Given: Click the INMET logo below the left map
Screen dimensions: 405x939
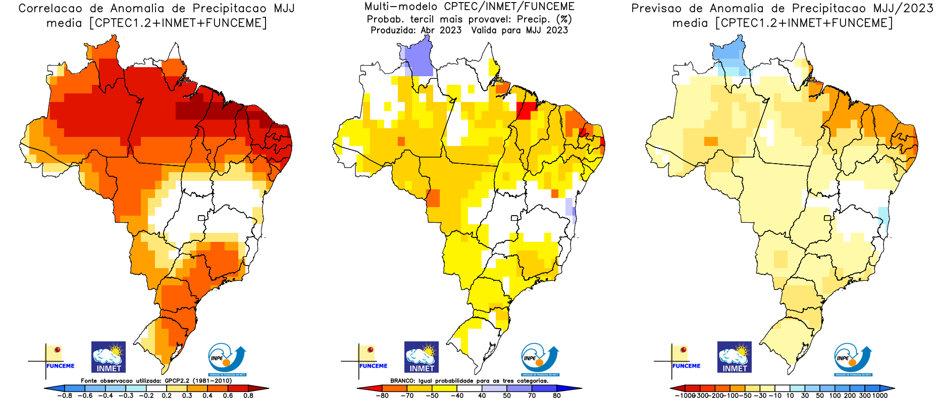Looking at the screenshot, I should tap(109, 357).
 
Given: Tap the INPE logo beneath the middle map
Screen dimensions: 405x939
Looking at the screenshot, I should tap(540, 359).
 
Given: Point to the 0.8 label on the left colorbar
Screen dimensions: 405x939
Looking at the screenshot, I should tap(248, 396).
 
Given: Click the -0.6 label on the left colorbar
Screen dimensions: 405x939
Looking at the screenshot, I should tap(85, 396).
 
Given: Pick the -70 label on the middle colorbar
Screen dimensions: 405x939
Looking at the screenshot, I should tap(407, 396).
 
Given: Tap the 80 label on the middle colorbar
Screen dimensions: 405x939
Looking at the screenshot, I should tap(557, 396).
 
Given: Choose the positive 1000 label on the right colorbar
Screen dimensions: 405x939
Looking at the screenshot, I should tap(880, 396).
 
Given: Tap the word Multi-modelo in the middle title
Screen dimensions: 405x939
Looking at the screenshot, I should tap(402, 7).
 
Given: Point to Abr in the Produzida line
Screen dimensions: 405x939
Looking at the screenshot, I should tap(428, 30).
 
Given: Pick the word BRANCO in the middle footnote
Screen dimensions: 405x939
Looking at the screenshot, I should tap(402, 381).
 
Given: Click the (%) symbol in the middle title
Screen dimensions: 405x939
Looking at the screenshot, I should tap(564, 19).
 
